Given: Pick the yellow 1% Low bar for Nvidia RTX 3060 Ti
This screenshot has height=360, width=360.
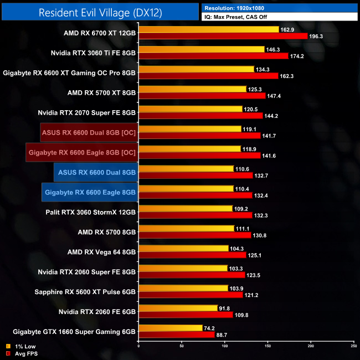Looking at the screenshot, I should click(x=201, y=49).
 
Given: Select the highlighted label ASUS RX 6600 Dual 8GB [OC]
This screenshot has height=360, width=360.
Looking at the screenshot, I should click(x=89, y=132).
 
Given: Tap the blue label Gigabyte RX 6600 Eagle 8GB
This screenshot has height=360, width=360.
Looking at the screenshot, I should click(x=90, y=192).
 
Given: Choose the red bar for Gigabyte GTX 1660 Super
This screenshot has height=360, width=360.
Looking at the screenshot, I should click(x=176, y=335).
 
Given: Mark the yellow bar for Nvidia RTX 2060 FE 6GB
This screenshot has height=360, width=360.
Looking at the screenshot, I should click(x=178, y=308).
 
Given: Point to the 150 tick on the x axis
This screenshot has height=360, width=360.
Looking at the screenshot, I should click(x=268, y=347).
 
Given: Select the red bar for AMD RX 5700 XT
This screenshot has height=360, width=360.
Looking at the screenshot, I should click(x=202, y=96).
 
